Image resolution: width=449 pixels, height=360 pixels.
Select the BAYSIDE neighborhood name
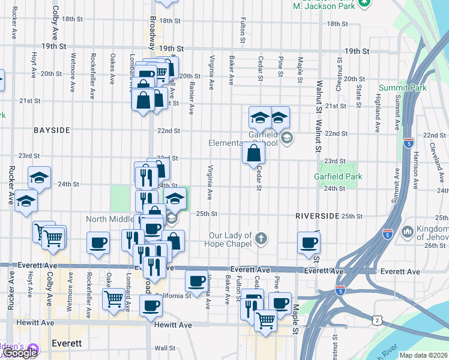(52, 130)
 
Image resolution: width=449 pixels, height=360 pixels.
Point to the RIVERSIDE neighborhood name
(318, 215)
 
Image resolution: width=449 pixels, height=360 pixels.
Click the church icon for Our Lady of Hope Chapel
(261, 238)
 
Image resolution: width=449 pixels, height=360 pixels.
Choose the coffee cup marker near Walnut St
(309, 242)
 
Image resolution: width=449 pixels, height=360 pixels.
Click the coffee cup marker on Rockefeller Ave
(98, 243)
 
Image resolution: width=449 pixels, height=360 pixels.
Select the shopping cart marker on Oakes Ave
(113, 298)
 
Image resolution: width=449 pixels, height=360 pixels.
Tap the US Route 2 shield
(376, 321)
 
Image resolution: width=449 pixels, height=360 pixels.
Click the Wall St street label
(164, 348)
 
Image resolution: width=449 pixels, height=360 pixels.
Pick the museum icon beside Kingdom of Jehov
(407, 231)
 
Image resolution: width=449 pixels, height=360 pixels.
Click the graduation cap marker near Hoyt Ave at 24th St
(39, 177)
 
